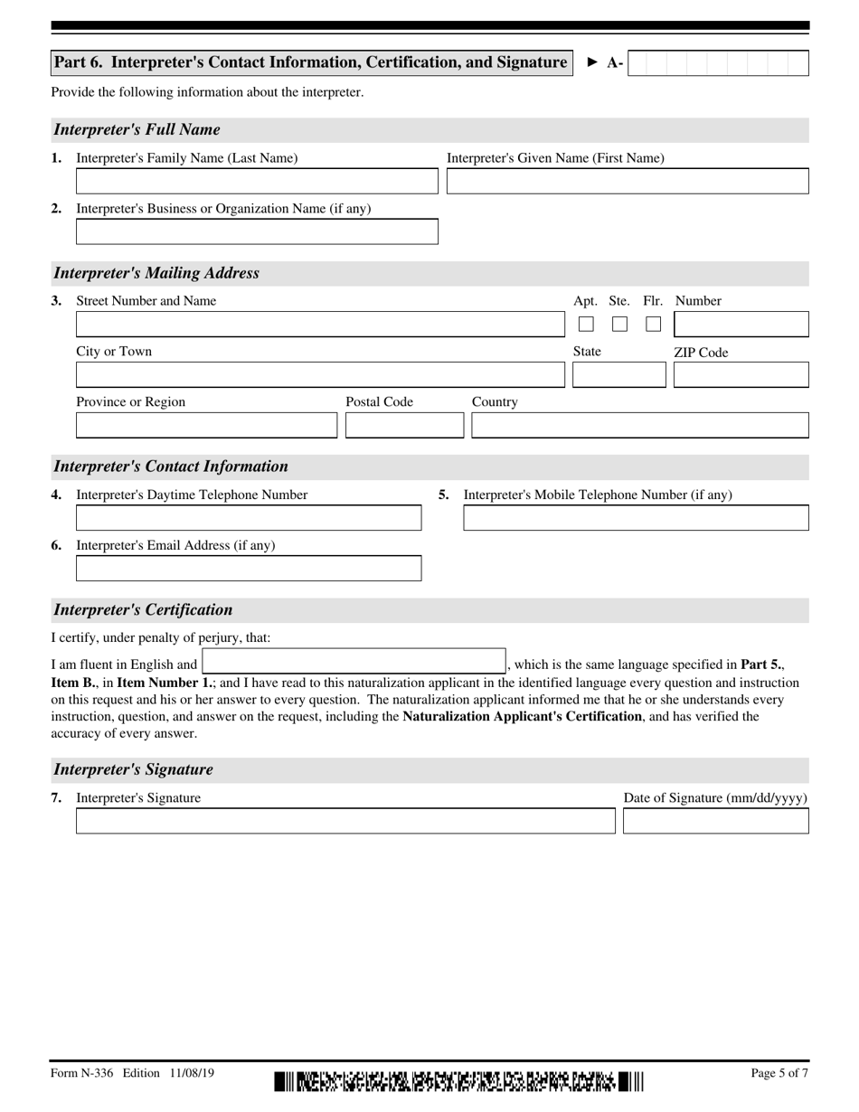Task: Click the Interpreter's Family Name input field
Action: click(257, 182)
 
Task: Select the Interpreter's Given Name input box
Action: click(628, 182)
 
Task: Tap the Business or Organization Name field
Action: click(257, 232)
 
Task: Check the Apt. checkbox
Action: click(586, 324)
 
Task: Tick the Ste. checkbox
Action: click(619, 324)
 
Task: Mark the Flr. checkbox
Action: click(653, 324)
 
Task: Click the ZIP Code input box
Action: click(741, 375)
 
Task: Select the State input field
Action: click(618, 375)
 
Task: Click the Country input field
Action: click(639, 426)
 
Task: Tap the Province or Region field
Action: click(206, 426)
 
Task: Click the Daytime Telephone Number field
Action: click(249, 518)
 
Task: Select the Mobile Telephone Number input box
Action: click(636, 518)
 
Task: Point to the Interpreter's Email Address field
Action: click(249, 569)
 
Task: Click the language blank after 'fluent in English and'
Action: click(354, 663)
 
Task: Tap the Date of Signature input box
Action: click(716, 821)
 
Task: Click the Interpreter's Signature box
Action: click(345, 821)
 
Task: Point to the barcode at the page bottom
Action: click(458, 1080)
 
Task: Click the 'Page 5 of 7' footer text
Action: click(779, 1073)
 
